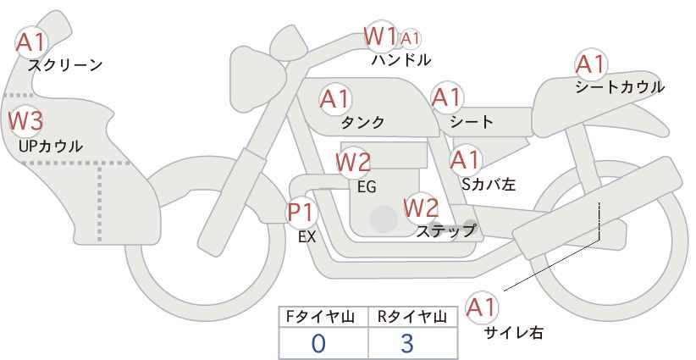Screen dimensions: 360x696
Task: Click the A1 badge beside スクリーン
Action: [32, 41]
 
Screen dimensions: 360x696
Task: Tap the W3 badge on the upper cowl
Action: [25, 120]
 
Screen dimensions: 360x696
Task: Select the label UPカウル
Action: [50, 147]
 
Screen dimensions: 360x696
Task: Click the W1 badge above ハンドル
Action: [381, 36]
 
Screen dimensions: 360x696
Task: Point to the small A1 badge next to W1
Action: [411, 38]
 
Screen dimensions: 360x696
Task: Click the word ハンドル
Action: [401, 60]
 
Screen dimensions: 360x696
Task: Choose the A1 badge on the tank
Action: [335, 99]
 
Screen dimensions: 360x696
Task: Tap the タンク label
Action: [362, 122]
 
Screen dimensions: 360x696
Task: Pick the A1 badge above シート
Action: [446, 97]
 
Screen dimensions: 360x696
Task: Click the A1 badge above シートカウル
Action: [590, 64]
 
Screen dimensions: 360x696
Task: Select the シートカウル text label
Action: [619, 87]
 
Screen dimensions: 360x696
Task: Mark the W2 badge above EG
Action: [353, 161]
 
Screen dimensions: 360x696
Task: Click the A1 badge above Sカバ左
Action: [465, 158]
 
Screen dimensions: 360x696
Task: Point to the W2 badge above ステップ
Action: [421, 207]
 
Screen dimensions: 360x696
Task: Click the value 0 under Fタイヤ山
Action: [318, 343]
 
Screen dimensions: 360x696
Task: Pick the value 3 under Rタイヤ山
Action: [406, 343]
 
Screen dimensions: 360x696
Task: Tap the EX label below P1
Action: [307, 238]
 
